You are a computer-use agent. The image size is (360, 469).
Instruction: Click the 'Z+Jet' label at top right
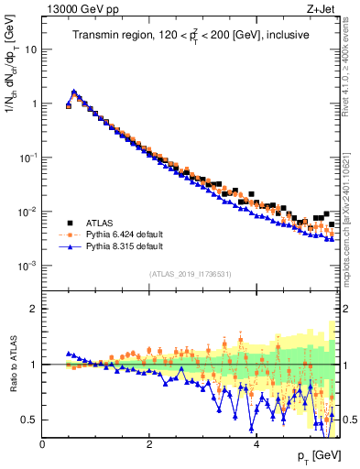(322, 10)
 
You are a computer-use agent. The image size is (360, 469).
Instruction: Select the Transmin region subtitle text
(190, 36)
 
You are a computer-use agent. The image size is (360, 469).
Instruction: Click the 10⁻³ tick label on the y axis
(28, 266)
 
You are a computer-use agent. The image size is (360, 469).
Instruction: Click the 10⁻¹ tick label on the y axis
(28, 158)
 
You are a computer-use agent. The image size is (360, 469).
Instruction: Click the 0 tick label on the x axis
(42, 444)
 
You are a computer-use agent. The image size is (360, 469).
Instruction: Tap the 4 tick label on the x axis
(256, 444)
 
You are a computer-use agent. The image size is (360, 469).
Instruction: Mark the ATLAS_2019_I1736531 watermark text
(190, 274)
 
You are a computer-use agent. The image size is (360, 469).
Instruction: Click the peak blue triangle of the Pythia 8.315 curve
(74, 92)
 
